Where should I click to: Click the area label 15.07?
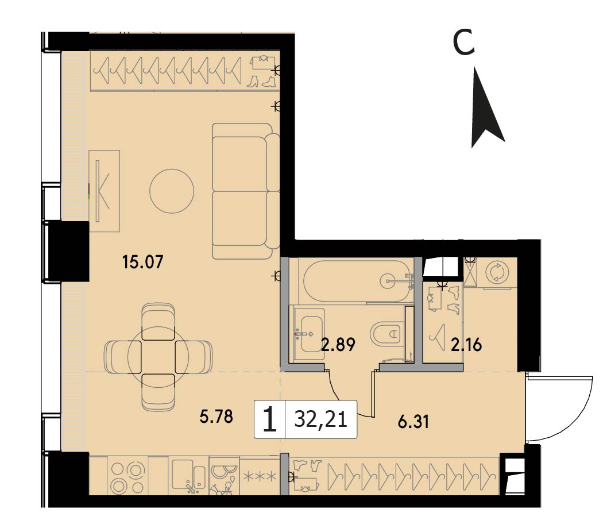point(142,262)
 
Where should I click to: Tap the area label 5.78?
point(216,417)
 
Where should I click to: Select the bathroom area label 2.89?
point(338,344)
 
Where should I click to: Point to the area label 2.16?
point(466,344)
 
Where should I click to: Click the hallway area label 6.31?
point(413,422)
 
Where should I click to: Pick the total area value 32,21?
point(320,419)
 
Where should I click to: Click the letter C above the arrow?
point(464,43)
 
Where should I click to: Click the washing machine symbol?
point(496,272)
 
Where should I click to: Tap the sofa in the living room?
point(246,191)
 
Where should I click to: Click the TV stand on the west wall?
point(104,191)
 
